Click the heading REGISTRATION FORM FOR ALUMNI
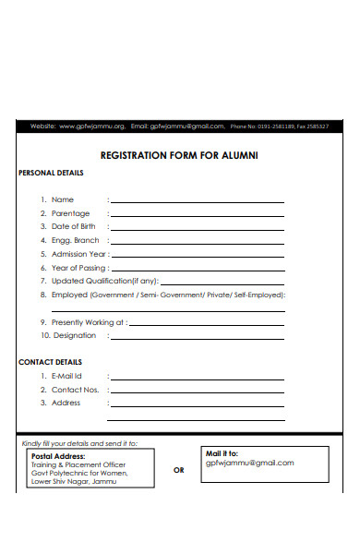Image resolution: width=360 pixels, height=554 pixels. [x=179, y=155]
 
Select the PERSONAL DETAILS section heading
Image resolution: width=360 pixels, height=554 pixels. [x=51, y=174]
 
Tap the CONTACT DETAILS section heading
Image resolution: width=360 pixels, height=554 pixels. [x=50, y=362]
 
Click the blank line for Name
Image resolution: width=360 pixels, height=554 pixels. [x=197, y=200]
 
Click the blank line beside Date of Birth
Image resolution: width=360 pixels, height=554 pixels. [x=197, y=227]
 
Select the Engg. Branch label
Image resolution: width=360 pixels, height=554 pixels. [x=75, y=240]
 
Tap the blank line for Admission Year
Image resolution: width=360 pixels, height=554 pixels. [x=198, y=254]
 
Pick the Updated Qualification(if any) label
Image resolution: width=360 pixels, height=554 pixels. [x=105, y=281]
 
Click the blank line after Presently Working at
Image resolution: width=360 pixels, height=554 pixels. [x=207, y=323]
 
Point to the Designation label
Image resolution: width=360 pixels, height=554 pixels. [x=73, y=336]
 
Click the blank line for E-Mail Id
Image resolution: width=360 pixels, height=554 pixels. [x=197, y=377]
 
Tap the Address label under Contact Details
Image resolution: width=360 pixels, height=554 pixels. [x=66, y=403]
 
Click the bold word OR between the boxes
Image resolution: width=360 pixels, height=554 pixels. [x=179, y=469]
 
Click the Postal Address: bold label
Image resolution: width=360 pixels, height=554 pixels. [x=58, y=456]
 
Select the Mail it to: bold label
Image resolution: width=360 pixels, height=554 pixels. [x=221, y=453]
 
